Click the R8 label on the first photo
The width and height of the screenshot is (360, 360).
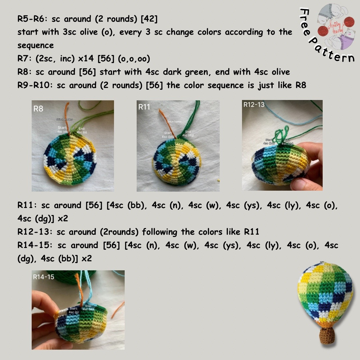(38, 109)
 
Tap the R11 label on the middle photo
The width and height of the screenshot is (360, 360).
(144, 107)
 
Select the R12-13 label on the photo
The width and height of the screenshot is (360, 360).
(254, 105)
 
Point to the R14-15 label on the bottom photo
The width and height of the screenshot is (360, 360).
(43, 277)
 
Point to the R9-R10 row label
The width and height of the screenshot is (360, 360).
(36, 85)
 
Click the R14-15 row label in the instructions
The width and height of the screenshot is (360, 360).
(35, 245)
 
